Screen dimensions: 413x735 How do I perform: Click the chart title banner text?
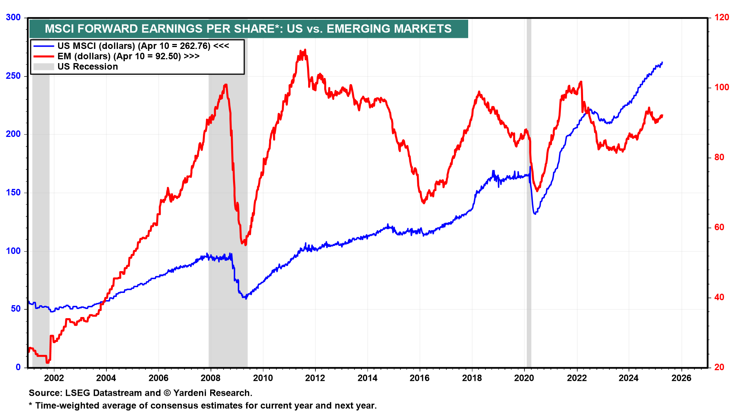[x=248, y=29]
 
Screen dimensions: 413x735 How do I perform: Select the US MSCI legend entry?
[x=143, y=46]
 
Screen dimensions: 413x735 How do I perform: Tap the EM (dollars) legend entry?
[x=128, y=56]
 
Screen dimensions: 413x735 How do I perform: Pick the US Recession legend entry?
[x=88, y=67]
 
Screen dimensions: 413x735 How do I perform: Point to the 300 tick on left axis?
[x=13, y=18]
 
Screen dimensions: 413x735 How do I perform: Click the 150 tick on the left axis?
[x=13, y=192]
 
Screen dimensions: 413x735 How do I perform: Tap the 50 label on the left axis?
[x=16, y=309]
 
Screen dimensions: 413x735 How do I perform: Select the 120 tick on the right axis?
[x=722, y=18]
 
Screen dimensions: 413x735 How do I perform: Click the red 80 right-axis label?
[x=719, y=157]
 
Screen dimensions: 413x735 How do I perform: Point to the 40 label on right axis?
[x=719, y=297]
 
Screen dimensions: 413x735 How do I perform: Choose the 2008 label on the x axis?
[x=211, y=378]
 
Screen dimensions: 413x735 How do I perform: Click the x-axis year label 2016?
[x=420, y=378]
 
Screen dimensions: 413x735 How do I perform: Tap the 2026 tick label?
[x=681, y=378]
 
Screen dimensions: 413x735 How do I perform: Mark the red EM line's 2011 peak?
[x=305, y=50]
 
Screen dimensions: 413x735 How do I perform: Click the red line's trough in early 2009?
[x=245, y=244]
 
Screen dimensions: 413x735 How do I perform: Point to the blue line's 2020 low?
[x=535, y=213]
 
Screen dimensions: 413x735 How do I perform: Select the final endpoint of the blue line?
[x=662, y=62]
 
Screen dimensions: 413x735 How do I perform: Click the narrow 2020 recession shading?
[x=529, y=191]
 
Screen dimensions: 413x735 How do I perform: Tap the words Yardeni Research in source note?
[x=212, y=393]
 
